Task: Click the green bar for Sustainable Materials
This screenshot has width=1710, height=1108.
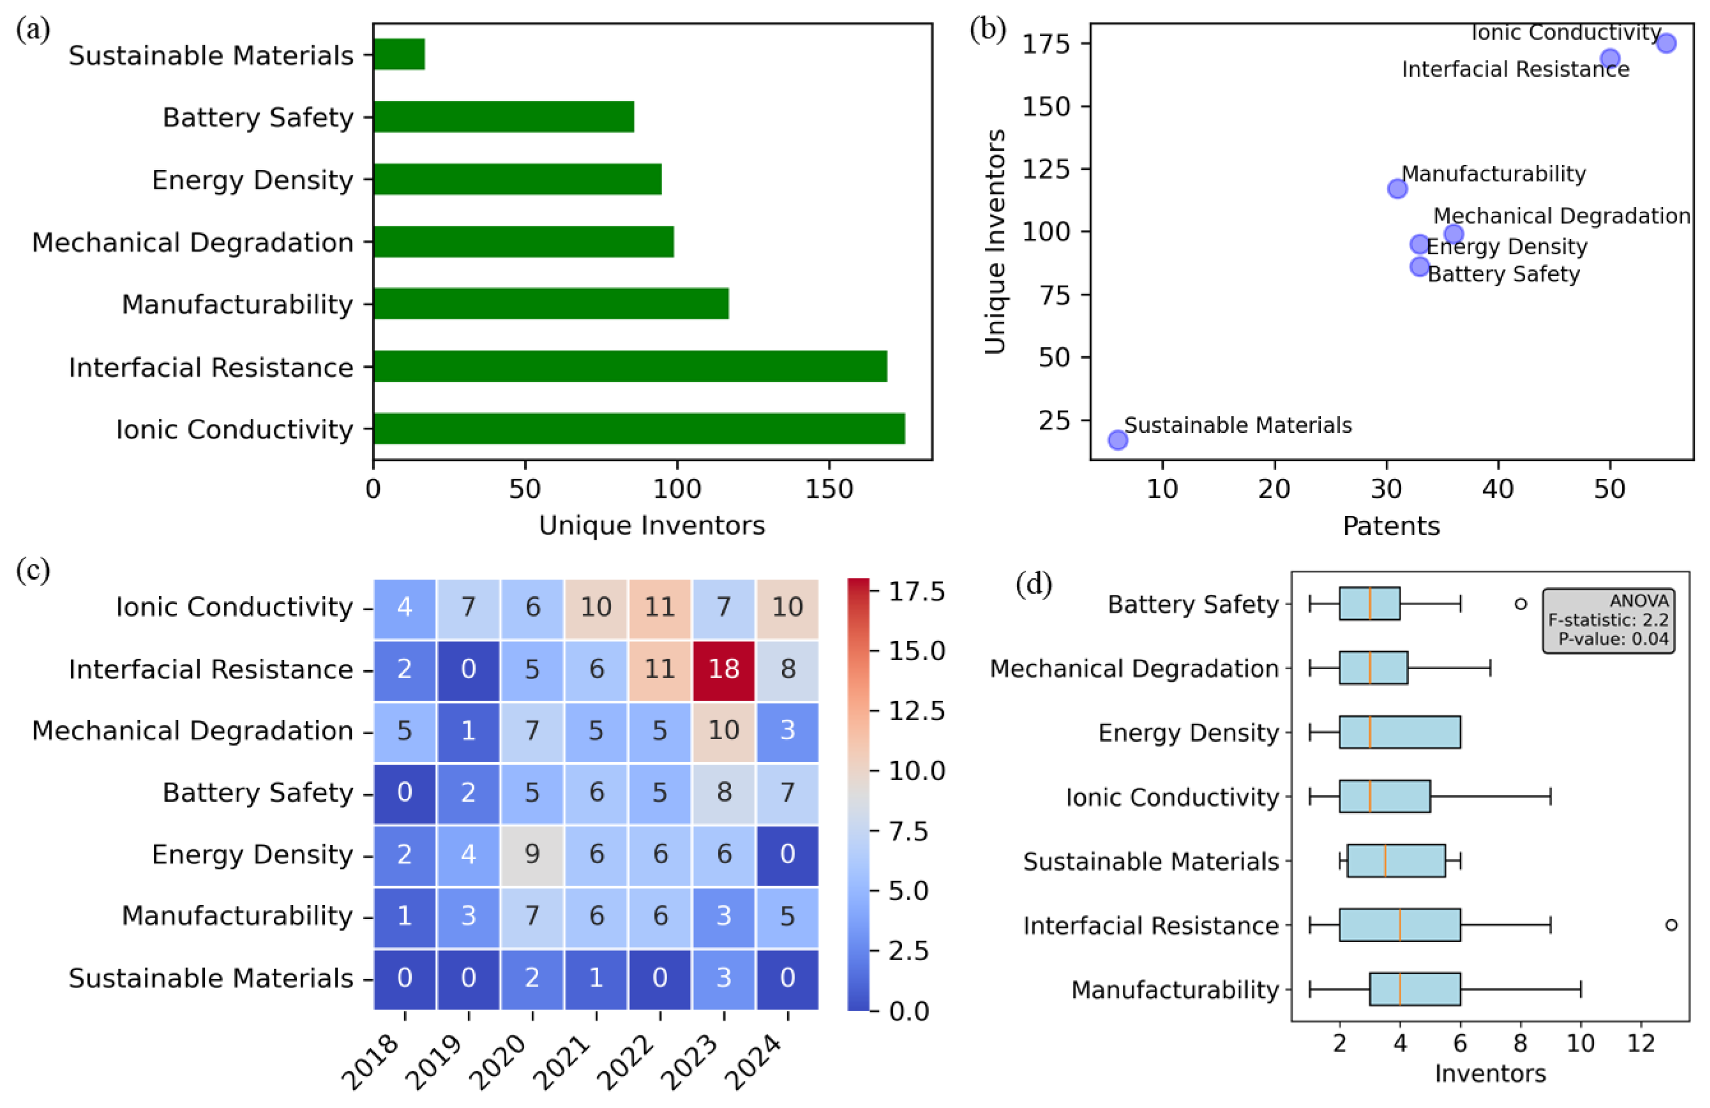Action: click(399, 54)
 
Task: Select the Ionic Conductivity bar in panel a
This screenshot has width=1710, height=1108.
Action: click(638, 429)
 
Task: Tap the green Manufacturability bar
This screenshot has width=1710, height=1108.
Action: click(550, 303)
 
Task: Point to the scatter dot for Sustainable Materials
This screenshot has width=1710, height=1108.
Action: click(1117, 440)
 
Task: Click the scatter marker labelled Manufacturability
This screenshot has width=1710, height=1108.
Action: click(1397, 189)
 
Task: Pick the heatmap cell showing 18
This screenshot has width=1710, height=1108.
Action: click(724, 669)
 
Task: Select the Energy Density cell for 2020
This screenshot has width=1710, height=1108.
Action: click(532, 854)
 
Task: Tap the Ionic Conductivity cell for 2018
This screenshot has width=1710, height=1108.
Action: click(404, 607)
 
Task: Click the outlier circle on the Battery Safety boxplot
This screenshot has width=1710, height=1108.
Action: click(1520, 604)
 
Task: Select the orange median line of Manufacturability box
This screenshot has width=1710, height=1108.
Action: click(1400, 990)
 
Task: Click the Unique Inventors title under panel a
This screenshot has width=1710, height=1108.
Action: click(652, 525)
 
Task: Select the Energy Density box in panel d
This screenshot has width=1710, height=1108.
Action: click(1400, 732)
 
